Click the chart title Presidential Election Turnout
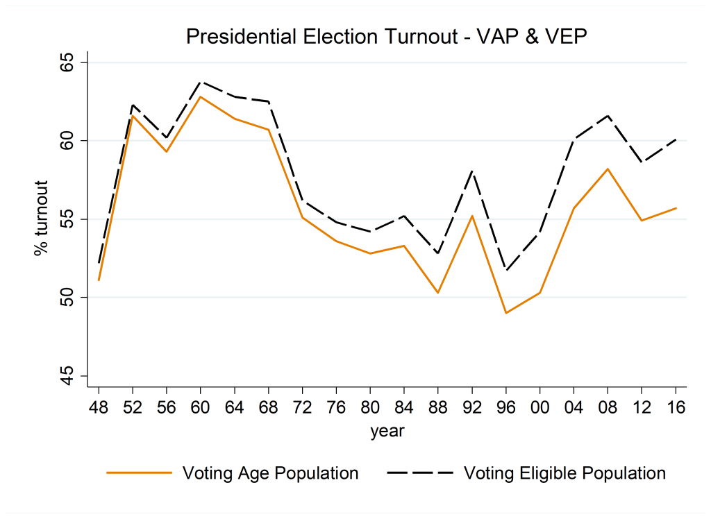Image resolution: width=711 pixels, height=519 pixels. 387,37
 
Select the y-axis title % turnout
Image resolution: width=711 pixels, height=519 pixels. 42,219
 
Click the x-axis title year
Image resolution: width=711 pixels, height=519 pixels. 387,431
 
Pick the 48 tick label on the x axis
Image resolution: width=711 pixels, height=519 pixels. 99,406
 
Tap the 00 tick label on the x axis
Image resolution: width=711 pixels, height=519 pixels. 540,406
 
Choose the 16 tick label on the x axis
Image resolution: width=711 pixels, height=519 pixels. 676,406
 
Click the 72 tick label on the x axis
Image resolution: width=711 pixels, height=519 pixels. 303,406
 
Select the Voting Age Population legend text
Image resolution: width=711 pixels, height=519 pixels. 270,473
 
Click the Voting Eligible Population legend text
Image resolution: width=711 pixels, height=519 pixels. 564,473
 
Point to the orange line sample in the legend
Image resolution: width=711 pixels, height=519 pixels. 139,473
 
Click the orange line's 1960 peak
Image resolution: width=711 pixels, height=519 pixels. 201,96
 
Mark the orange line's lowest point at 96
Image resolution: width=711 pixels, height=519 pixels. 506,313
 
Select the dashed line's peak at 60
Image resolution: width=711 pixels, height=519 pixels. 201,82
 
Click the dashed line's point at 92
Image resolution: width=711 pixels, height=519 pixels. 472,171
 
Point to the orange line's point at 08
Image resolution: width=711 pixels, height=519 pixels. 608,169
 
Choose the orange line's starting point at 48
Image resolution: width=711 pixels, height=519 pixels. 99,280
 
